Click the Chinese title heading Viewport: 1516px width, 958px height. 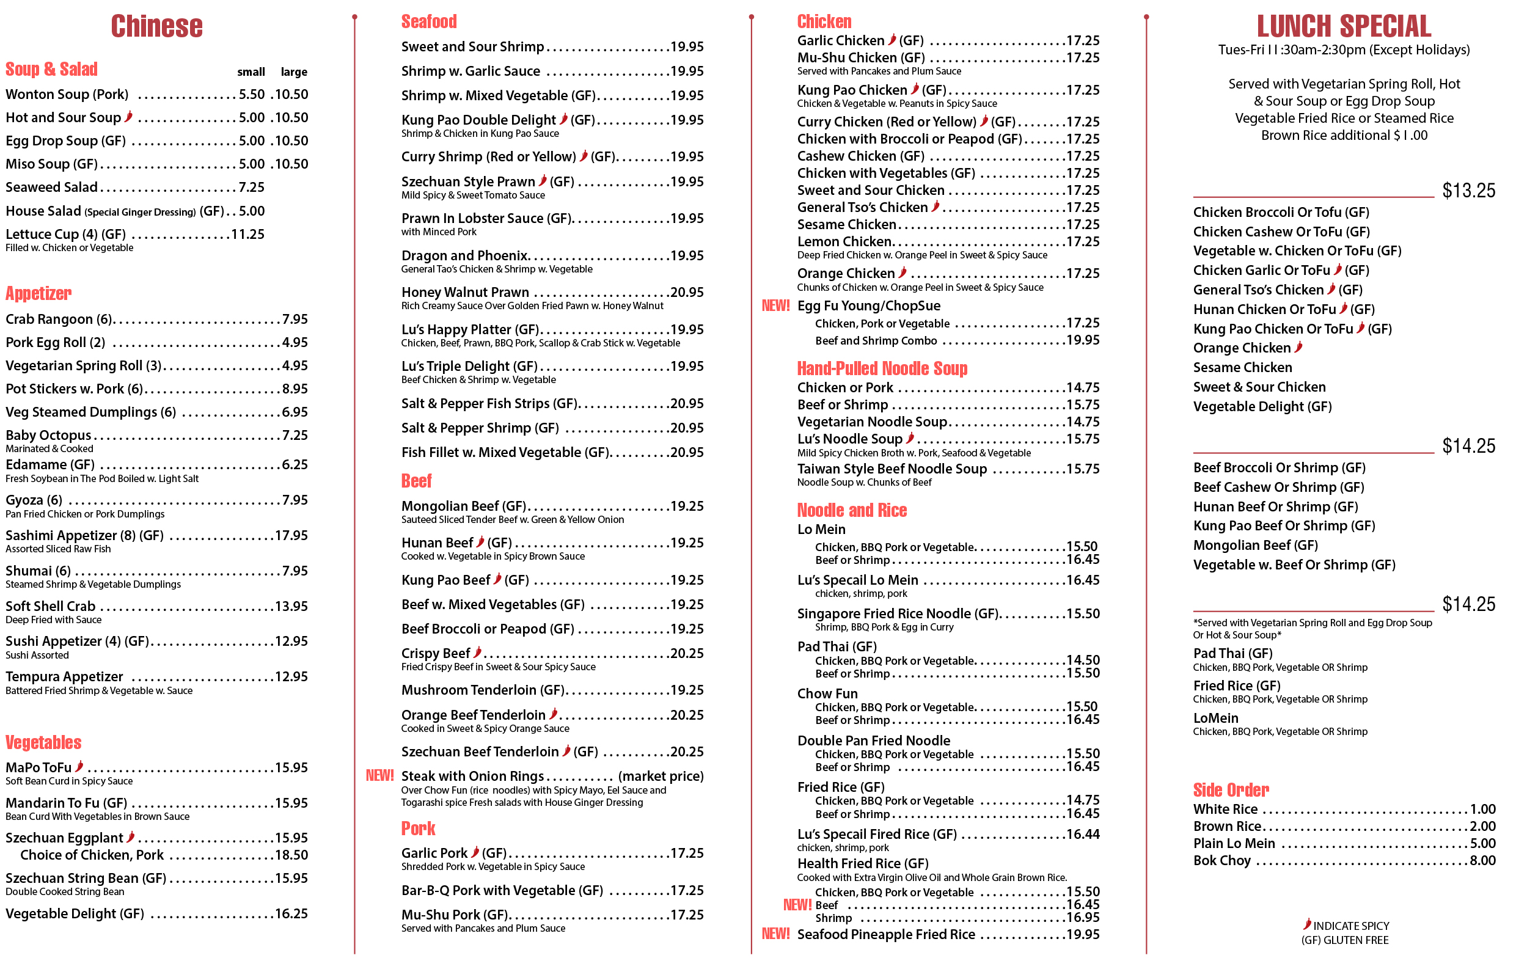click(x=157, y=26)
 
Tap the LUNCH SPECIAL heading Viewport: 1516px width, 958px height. click(x=1344, y=26)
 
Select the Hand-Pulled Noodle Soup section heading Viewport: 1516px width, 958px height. click(x=881, y=368)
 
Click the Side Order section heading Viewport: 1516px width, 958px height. click(x=1230, y=789)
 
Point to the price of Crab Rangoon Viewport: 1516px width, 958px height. click(x=295, y=319)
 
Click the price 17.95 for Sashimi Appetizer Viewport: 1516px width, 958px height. click(x=291, y=536)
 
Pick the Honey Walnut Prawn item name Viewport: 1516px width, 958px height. click(x=464, y=292)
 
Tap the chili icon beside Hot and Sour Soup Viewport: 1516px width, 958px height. click(x=128, y=117)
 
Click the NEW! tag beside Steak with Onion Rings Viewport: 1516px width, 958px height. click(x=379, y=775)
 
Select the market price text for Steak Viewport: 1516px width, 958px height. click(x=661, y=776)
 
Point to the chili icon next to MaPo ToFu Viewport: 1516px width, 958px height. click(x=79, y=766)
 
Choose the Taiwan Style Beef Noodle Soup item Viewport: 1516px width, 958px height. click(x=892, y=469)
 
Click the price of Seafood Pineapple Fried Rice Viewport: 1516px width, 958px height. click(x=1082, y=934)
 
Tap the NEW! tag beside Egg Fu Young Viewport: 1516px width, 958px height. click(x=775, y=306)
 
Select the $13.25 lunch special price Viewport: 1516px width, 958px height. click(x=1468, y=191)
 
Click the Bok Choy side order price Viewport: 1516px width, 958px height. click(x=1482, y=860)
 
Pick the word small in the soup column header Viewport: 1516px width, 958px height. click(x=251, y=72)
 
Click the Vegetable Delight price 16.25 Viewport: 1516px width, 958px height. click(x=291, y=913)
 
